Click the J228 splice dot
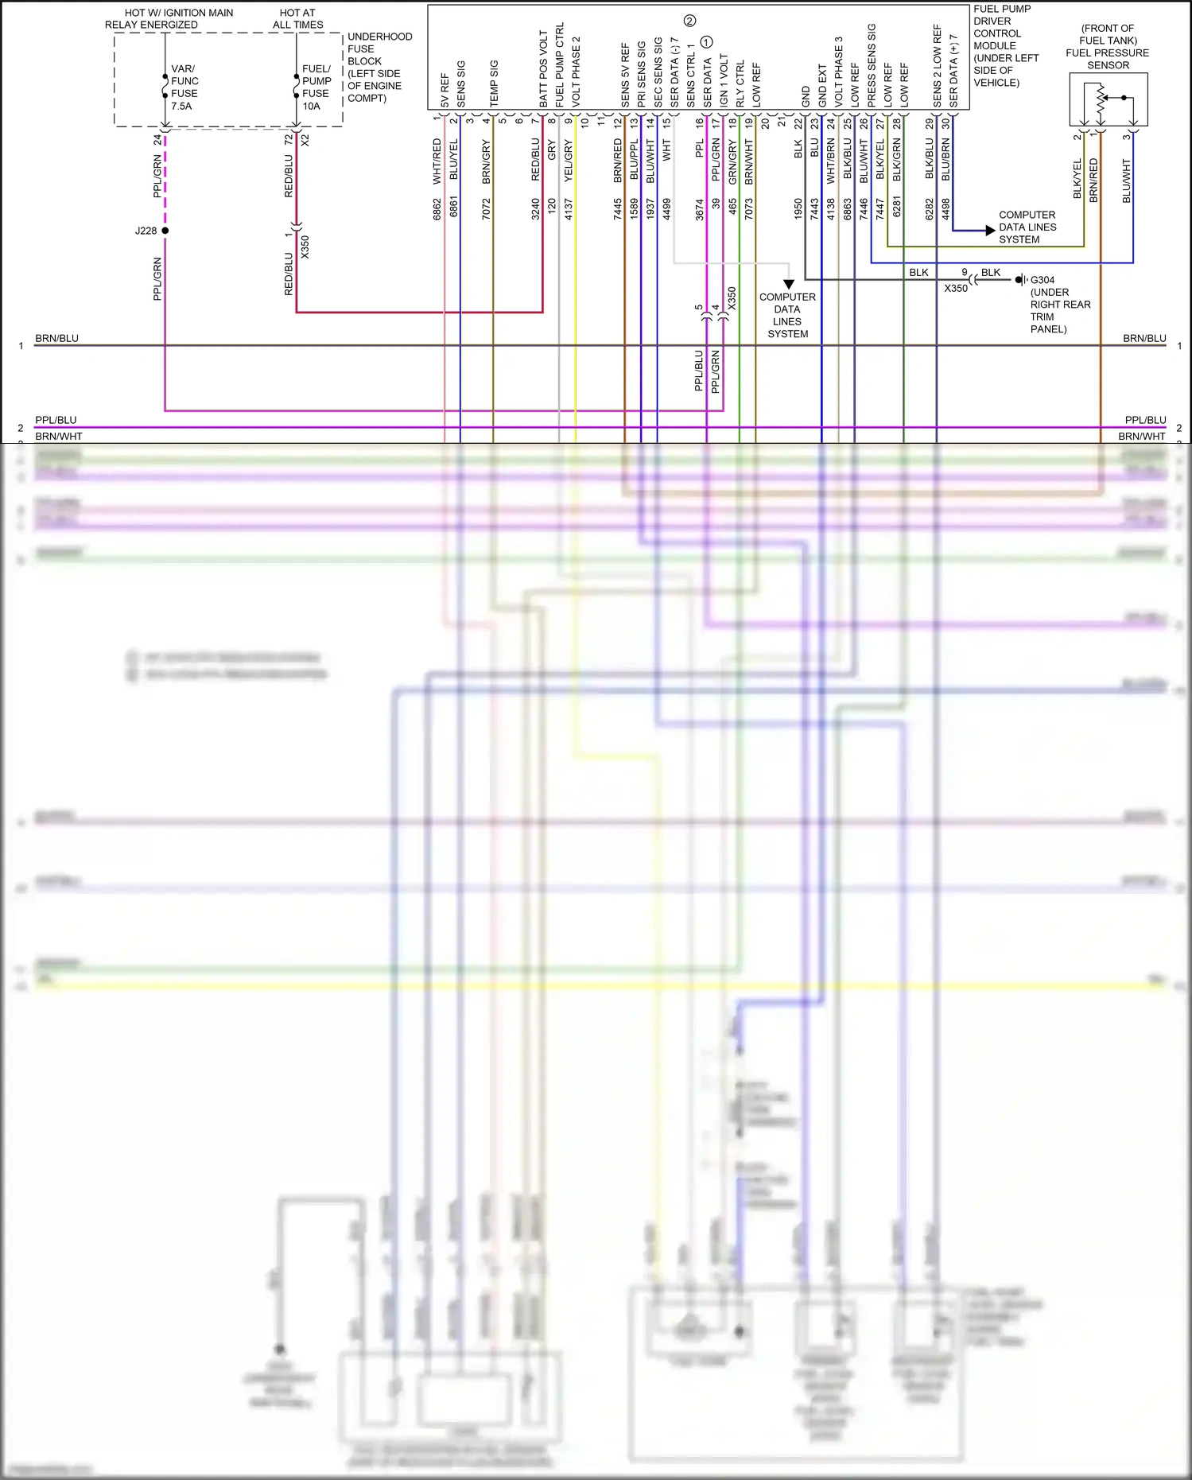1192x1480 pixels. point(165,231)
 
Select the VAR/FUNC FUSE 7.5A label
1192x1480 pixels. point(184,87)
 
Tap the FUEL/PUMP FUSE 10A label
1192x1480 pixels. point(316,87)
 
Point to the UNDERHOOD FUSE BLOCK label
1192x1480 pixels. point(379,68)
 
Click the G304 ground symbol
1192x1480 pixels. point(1020,280)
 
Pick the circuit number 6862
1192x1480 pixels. point(437,209)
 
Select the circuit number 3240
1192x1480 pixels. point(536,209)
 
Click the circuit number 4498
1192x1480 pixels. point(946,209)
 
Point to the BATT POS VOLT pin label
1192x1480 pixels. point(544,69)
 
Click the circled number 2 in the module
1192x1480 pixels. point(689,21)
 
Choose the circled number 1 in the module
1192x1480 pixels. point(707,42)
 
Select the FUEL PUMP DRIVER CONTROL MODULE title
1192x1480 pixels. point(1005,45)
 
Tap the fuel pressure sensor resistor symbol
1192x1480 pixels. point(1101,102)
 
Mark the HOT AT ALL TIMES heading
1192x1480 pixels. point(297,19)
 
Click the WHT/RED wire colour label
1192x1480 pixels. point(437,161)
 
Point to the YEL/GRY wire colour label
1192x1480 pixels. point(569,161)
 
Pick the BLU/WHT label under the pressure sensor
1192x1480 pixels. point(1127,181)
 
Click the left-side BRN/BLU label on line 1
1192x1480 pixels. point(56,339)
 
